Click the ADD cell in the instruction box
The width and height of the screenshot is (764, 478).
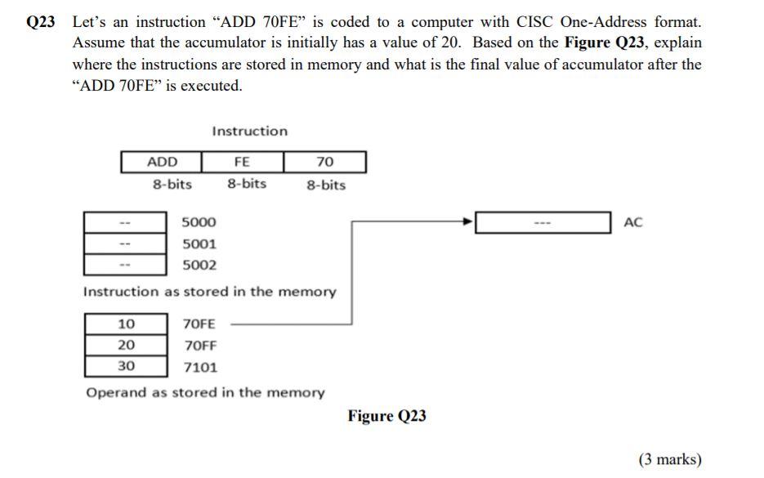162,162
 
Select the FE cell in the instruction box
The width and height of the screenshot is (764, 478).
242,162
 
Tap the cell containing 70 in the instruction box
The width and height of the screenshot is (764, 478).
325,162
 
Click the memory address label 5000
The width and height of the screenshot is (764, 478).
199,222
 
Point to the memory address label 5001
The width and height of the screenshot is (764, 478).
199,243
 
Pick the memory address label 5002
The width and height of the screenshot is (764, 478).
199,265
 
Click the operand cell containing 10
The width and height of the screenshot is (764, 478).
127,324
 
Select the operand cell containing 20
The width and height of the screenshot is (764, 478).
127,345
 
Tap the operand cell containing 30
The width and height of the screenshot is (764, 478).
127,365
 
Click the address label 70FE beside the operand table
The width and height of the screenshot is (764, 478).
200,324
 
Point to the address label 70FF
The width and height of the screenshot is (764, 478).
200,345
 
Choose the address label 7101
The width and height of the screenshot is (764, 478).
200,367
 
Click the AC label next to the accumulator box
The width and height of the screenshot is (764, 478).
633,222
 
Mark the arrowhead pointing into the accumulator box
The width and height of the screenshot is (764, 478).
469,221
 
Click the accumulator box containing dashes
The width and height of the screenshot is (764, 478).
543,222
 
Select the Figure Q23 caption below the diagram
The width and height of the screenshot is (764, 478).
386,416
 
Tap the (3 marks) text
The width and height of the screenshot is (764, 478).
670,459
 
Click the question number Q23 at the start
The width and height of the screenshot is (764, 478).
41,23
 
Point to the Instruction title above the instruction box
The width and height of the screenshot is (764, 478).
249,131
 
